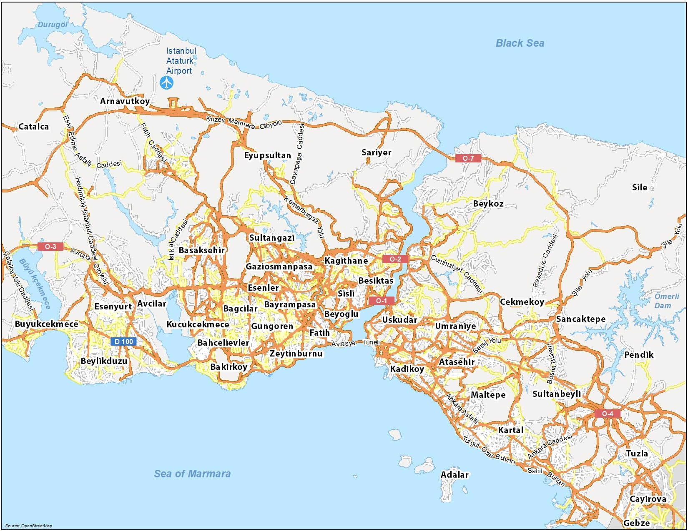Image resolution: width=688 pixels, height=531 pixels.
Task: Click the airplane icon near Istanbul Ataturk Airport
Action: pyautogui.click(x=166, y=83)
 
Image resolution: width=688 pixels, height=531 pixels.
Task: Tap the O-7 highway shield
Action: pyautogui.click(x=468, y=158)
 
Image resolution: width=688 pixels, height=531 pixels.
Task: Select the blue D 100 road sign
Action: pyautogui.click(x=124, y=342)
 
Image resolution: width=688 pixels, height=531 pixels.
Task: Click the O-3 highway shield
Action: pyautogui.click(x=50, y=247)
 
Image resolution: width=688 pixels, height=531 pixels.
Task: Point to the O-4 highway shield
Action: pyautogui.click(x=608, y=414)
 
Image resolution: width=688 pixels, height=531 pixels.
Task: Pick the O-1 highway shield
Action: pyautogui.click(x=381, y=301)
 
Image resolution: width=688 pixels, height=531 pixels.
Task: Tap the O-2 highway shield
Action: pyautogui.click(x=395, y=259)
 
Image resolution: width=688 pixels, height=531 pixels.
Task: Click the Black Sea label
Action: pyautogui.click(x=520, y=43)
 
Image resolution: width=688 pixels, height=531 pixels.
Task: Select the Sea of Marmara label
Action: pyautogui.click(x=192, y=474)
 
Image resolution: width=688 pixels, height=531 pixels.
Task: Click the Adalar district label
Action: pyautogui.click(x=454, y=474)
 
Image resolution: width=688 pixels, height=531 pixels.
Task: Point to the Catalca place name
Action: pyautogui.click(x=34, y=127)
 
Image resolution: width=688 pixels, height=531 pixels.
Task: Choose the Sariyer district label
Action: pyautogui.click(x=376, y=152)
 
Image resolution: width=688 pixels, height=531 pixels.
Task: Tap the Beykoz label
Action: pyautogui.click(x=488, y=204)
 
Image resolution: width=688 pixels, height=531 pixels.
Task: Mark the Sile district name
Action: pyautogui.click(x=639, y=187)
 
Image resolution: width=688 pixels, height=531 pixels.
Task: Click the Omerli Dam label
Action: pyautogui.click(x=666, y=301)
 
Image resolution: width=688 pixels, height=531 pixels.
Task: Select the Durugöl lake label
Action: pyautogui.click(x=53, y=25)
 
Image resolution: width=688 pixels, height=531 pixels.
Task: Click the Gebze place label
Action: pyautogui.click(x=636, y=523)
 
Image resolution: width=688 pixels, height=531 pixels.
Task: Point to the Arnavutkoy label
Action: pyautogui.click(x=125, y=101)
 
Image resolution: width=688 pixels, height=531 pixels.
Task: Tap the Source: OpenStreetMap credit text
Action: pyautogui.click(x=29, y=526)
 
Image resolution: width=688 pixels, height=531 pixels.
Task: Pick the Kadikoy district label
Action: pyautogui.click(x=407, y=369)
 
